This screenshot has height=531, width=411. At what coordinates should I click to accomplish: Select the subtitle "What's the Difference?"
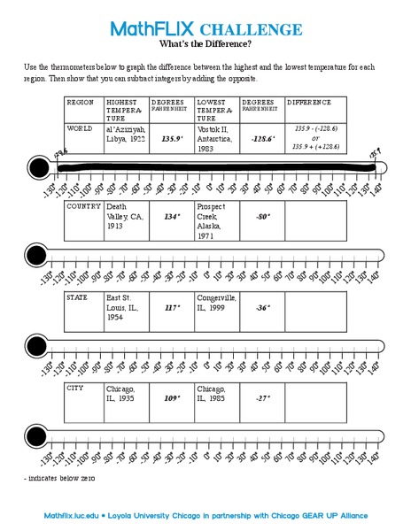pyautogui.click(x=205, y=43)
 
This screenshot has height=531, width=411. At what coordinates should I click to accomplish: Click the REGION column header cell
pyautogui.click(x=81, y=103)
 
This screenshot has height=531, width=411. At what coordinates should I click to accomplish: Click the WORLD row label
pyautogui.click(x=81, y=128)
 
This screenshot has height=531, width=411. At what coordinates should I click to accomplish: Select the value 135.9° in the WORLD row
pyautogui.click(x=171, y=138)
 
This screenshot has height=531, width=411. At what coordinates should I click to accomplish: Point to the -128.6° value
pyautogui.click(x=261, y=138)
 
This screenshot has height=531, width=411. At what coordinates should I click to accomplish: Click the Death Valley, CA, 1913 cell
pyautogui.click(x=124, y=217)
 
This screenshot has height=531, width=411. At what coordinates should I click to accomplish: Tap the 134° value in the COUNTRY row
pyautogui.click(x=171, y=215)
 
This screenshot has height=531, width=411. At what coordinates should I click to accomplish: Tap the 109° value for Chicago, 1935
pyautogui.click(x=171, y=397)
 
